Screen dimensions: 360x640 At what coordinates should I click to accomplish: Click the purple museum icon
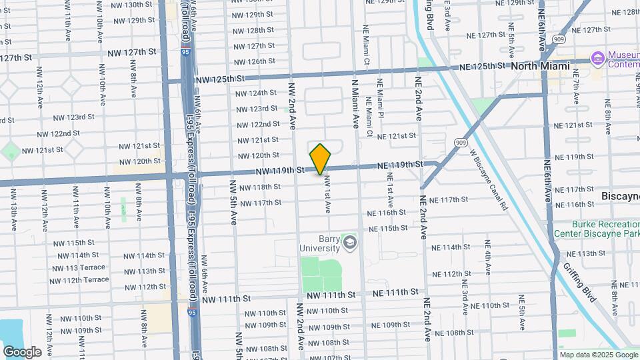coord(597,59)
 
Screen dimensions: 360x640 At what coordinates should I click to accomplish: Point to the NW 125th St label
coord(217,79)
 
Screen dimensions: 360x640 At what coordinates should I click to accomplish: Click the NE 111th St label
coord(395,292)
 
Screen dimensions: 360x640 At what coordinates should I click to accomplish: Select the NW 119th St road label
coord(279,171)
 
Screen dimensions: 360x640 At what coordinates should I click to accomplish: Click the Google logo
coord(22,352)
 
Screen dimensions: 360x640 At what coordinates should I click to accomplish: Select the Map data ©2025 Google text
coord(598,355)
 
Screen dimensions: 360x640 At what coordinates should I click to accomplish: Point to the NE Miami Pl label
coord(380,101)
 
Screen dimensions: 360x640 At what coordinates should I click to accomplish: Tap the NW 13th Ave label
coord(13,209)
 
